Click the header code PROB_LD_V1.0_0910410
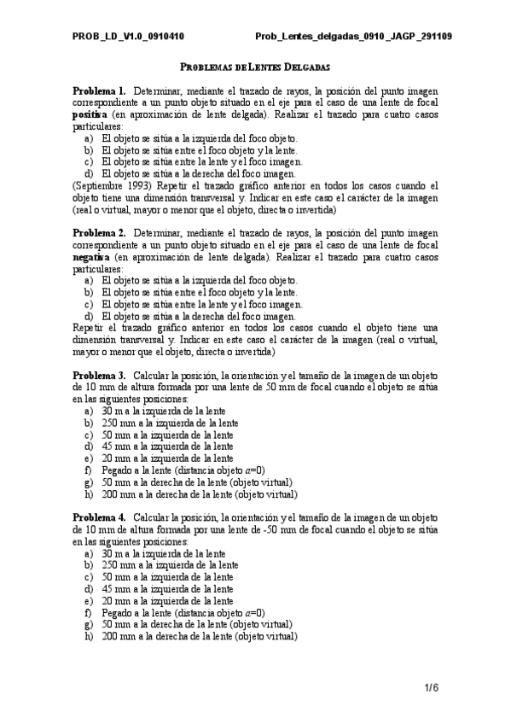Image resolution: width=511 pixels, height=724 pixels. click(x=128, y=37)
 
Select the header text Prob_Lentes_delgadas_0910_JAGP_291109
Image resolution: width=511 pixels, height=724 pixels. click(x=354, y=37)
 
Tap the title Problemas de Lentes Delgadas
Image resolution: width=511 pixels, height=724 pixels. click(x=256, y=67)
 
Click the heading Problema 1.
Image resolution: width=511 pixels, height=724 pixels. click(x=99, y=90)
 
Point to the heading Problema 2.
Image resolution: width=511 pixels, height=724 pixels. click(x=99, y=232)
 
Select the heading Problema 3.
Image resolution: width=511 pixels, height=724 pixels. click(x=99, y=375)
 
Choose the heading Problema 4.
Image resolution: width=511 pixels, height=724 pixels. click(x=99, y=517)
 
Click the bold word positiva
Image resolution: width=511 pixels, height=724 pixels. click(x=90, y=113)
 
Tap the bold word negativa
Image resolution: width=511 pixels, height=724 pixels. click(x=90, y=255)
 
